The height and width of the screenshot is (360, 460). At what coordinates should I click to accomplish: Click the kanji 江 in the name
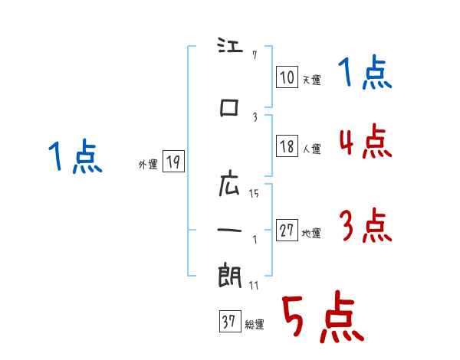point(230,45)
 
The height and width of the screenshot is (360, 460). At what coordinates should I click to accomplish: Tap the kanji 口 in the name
point(229,107)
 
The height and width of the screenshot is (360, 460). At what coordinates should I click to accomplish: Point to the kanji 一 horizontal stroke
point(229,230)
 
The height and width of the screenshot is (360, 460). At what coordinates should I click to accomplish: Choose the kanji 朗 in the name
point(230,275)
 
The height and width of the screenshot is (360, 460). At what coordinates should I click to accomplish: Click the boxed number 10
point(287,77)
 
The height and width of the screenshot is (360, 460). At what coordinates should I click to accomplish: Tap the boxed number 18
point(287,146)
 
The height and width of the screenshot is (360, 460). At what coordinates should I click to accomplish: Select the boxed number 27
point(287,230)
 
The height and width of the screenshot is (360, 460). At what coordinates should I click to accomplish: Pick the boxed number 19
point(173,161)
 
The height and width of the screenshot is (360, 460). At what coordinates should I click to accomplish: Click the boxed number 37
point(230,321)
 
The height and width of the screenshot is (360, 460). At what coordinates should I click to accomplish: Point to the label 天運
point(311,80)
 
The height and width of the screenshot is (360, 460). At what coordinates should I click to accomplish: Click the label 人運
point(311,149)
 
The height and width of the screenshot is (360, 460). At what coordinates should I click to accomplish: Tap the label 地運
point(311,233)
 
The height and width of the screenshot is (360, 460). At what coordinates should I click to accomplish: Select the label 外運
point(148,164)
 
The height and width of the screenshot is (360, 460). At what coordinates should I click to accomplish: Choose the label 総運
point(255,324)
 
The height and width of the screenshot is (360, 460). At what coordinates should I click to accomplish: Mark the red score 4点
point(366,141)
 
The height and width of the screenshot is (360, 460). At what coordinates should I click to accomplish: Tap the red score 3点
point(366,225)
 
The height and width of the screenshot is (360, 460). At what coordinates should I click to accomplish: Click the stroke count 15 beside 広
point(254,194)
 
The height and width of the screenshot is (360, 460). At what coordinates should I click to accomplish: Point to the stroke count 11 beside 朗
point(254,286)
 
